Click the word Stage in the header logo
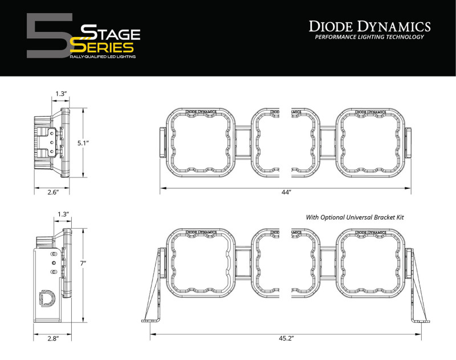111,33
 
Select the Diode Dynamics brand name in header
369,26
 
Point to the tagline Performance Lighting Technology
369,38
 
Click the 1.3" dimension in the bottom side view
63,214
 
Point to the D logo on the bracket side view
46,298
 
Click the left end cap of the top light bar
162,142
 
